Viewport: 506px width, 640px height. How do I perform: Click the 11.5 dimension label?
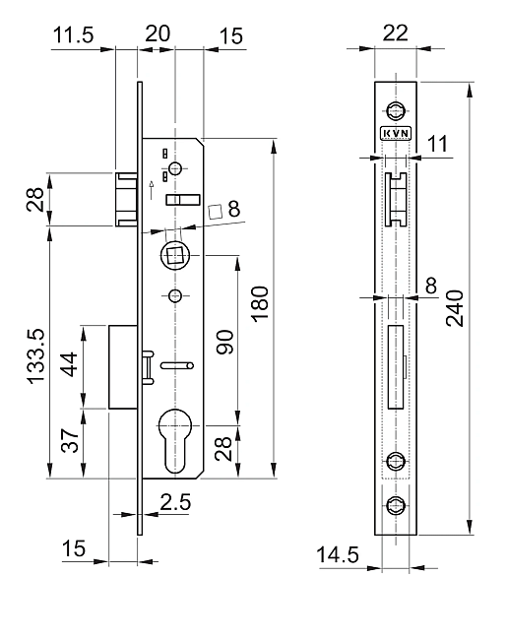coord(74,34)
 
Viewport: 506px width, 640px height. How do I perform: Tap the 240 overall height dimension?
coord(455,308)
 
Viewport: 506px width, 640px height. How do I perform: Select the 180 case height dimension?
coord(260,303)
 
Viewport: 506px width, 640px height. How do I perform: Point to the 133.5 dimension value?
coord(35,356)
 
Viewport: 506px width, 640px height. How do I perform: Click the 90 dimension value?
coord(224,342)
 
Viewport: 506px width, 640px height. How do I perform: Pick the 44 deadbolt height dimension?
coord(69,364)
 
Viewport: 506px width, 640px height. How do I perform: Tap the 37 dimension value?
coord(70,440)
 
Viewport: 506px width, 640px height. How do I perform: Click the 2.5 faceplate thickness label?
coord(175,502)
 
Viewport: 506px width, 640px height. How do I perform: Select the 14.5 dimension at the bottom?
coord(338,554)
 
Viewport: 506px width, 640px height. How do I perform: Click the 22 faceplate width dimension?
coord(395,33)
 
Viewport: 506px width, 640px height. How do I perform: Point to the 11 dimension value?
coord(437,144)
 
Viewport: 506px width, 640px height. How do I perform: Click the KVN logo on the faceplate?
coord(396,134)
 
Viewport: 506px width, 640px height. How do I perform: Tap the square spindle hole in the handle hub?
coord(174,256)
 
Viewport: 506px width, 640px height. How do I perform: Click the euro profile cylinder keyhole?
coord(175,440)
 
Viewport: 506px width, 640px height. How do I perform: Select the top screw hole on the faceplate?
coord(396,110)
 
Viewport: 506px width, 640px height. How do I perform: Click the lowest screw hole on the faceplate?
coord(396,506)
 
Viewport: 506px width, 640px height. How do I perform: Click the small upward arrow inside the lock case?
coord(152,190)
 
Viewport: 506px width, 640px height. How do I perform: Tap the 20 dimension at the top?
coord(158,33)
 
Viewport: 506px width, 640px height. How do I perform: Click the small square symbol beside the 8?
coord(215,211)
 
